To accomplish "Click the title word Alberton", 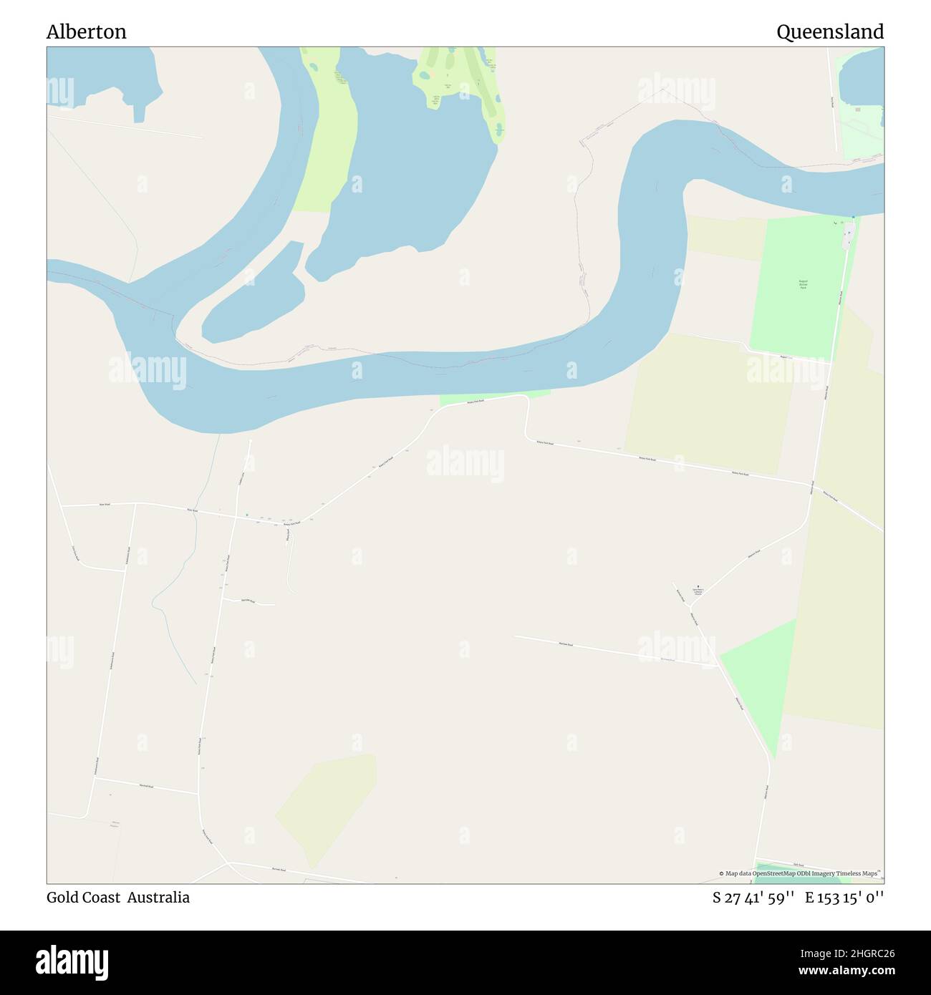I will click(x=86, y=32).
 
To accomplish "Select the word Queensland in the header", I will click(x=829, y=32).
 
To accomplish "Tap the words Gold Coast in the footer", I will click(x=83, y=897).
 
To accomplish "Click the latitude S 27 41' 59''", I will click(x=755, y=897).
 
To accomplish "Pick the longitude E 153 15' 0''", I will click(x=844, y=897).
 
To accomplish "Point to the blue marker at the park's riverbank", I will click(x=852, y=217).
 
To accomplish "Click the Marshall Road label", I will click(x=148, y=785).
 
